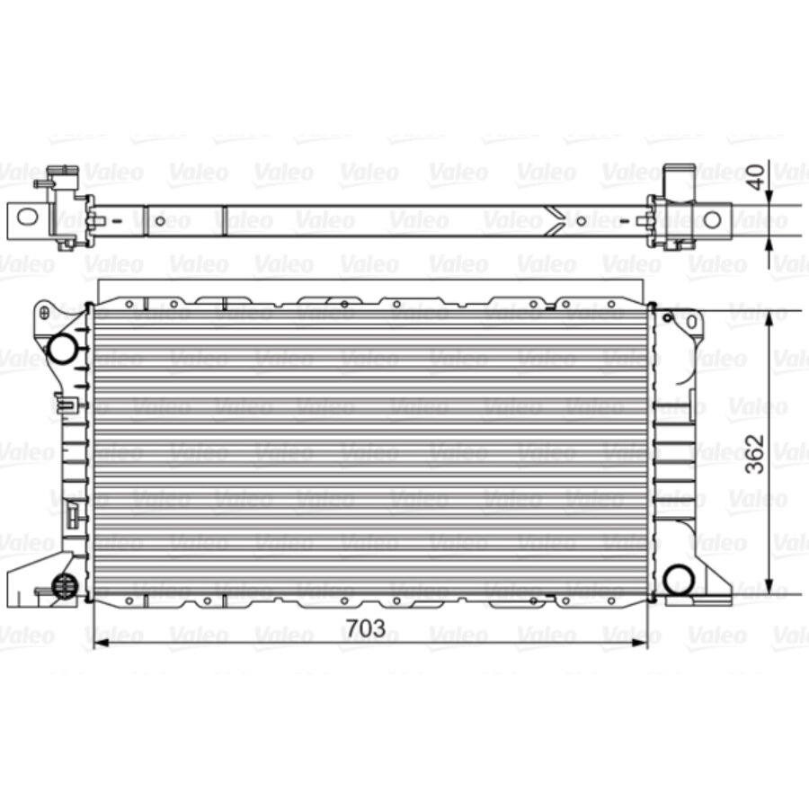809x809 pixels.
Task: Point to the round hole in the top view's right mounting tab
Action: point(711,219)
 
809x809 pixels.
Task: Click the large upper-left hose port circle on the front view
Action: point(62,348)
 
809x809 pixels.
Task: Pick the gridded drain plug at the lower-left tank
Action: point(64,584)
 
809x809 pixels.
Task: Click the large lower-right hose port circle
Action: point(678,579)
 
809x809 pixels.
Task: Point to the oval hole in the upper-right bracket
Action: point(690,322)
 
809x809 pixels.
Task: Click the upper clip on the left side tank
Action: point(66,404)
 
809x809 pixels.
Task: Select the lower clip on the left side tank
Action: point(71,514)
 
